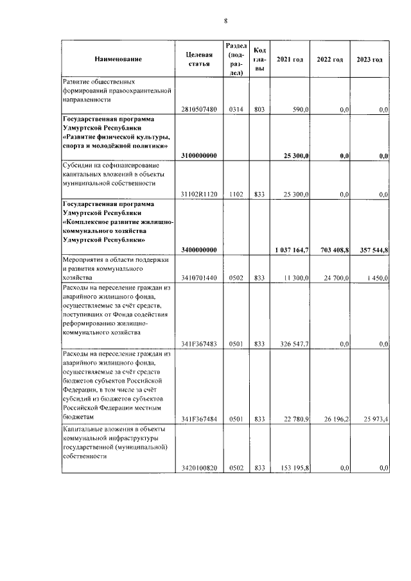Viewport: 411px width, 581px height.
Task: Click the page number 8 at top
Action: tap(226, 21)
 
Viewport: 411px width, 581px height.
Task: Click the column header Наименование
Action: tap(118, 60)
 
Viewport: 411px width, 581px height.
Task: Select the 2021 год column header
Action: tap(289, 60)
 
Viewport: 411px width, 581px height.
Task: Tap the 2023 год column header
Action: tap(370, 60)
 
